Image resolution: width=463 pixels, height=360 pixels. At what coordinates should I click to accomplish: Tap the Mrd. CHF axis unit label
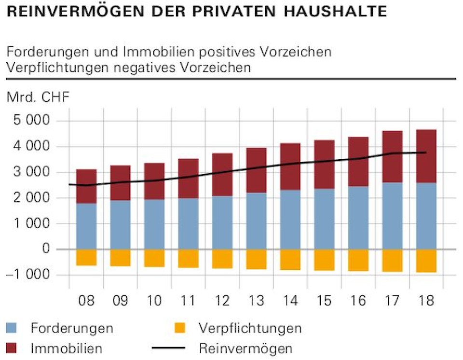click(x=38, y=97)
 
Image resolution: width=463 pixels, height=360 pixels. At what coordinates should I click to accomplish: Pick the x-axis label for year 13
click(x=256, y=301)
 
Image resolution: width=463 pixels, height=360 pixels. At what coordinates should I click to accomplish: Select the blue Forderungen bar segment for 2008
click(x=86, y=226)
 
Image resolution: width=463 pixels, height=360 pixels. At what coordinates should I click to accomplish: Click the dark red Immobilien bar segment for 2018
click(x=426, y=156)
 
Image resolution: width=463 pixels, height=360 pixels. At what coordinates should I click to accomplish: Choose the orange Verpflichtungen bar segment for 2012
click(x=222, y=258)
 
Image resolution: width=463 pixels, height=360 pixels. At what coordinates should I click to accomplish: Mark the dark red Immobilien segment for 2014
click(x=290, y=166)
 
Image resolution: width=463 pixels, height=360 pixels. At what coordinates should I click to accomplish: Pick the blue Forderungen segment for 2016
click(x=358, y=218)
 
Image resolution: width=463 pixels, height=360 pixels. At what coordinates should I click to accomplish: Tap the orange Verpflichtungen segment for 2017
click(x=393, y=260)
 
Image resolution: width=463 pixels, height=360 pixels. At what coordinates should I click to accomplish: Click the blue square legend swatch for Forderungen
click(x=13, y=329)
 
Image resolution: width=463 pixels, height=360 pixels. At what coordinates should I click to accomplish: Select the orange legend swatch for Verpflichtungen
click(x=179, y=329)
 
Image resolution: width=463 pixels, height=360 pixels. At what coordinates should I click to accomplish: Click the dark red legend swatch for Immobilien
click(x=13, y=348)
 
